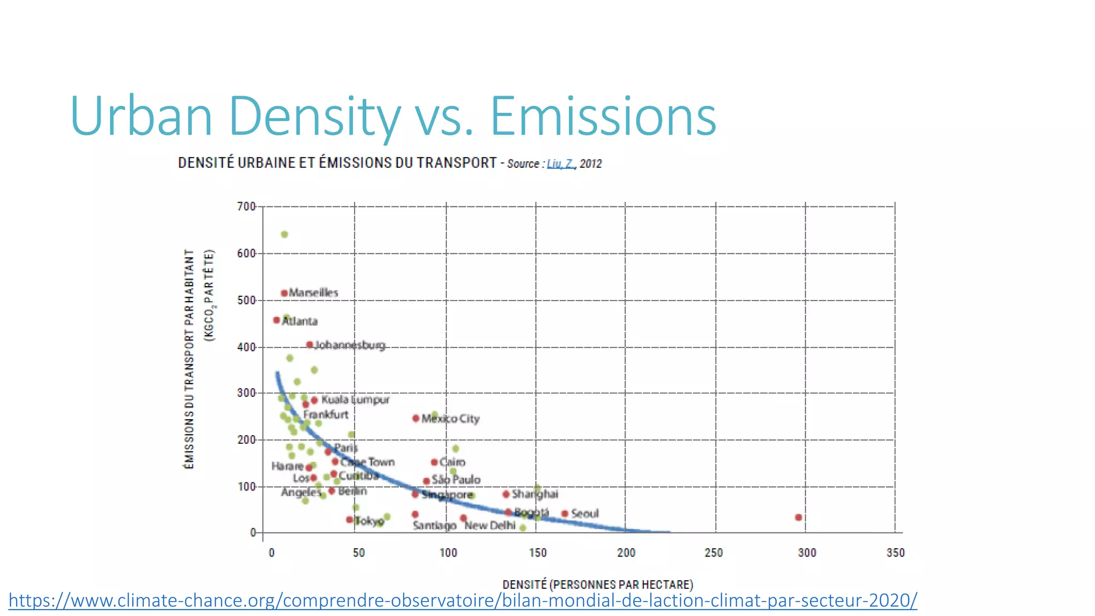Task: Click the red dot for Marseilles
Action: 284,293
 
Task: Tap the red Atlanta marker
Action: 276,320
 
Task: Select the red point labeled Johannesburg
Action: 309,345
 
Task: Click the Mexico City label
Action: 450,419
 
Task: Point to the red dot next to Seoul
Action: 565,514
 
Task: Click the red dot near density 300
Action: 798,517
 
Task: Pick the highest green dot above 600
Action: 284,235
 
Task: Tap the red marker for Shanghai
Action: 506,494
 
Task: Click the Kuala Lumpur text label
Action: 355,399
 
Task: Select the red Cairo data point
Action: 434,462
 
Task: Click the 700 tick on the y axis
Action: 246,206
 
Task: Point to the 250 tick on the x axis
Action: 714,553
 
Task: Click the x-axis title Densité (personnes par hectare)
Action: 597,584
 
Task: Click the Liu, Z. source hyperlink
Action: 560,164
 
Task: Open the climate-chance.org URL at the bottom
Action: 462,600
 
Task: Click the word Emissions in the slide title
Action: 603,116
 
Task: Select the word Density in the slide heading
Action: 314,116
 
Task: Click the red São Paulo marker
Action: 426,481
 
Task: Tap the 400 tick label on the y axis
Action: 246,348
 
